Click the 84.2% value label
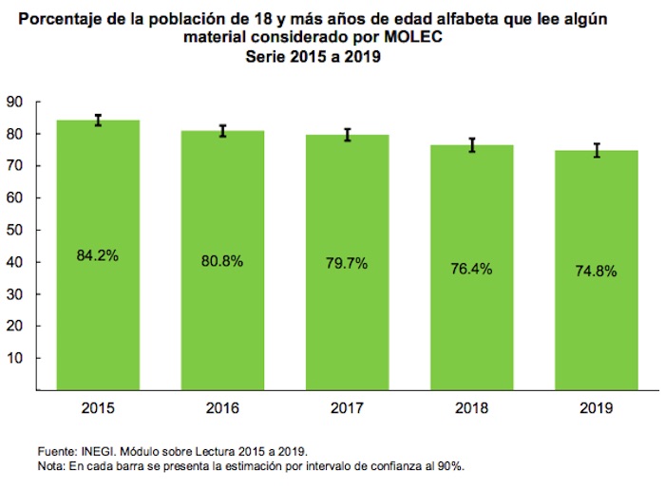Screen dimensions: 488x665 (x=98, y=254)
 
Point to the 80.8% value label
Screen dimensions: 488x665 (x=222, y=259)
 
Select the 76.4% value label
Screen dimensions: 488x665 (x=471, y=269)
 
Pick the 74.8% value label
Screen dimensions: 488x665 (x=596, y=271)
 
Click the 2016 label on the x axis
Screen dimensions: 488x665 (x=222, y=408)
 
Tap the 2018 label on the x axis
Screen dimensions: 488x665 (x=471, y=408)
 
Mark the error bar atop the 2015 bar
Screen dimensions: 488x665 (x=98, y=120)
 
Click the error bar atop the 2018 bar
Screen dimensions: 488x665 (x=471, y=144)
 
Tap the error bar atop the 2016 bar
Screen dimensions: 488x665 (x=222, y=130)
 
